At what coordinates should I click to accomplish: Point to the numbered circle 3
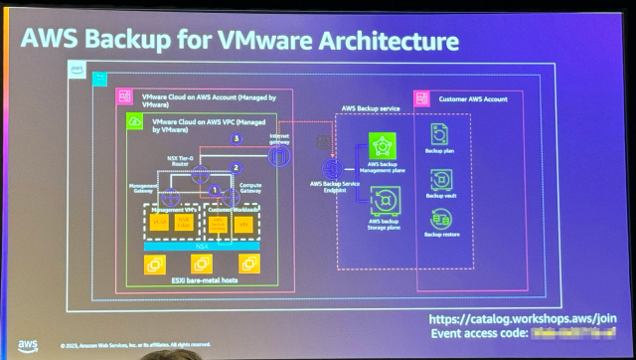coord(237,138)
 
